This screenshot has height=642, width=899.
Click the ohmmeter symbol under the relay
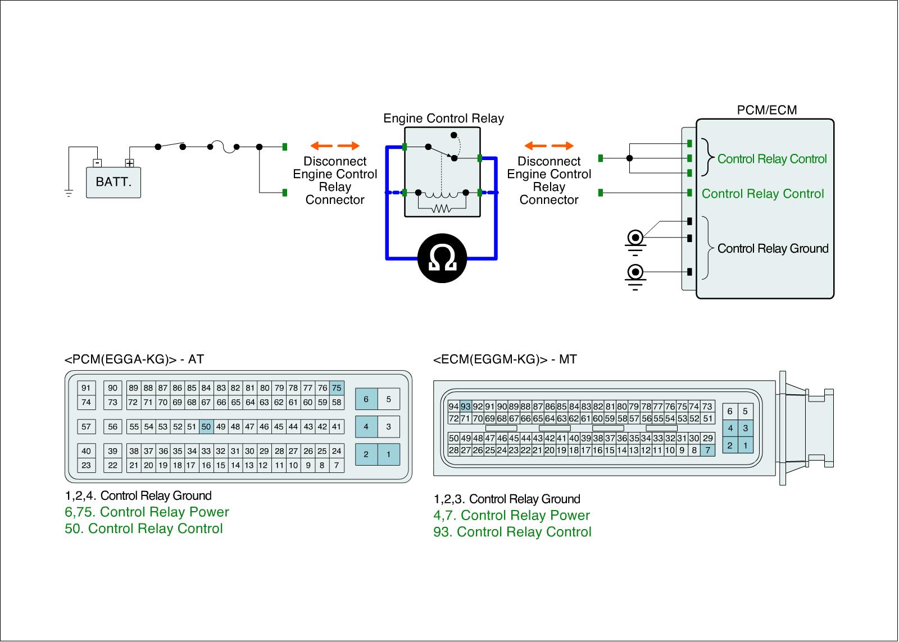point(442,258)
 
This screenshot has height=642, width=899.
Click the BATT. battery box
point(113,182)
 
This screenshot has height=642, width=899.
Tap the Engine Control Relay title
point(443,119)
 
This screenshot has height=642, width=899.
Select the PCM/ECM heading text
point(766,110)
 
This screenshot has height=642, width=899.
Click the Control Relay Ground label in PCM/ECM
point(773,249)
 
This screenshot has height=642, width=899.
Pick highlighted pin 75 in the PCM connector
point(337,388)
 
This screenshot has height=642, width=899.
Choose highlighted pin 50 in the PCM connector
point(206,427)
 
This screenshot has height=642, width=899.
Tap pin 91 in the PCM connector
point(86,388)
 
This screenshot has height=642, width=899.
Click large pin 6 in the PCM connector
point(366,399)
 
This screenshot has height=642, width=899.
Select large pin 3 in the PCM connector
point(388,427)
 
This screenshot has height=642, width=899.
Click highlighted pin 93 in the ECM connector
point(466,407)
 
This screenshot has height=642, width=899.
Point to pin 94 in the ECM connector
point(454,407)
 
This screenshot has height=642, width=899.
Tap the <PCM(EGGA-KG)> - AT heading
point(134,359)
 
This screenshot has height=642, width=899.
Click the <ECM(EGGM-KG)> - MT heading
point(505,359)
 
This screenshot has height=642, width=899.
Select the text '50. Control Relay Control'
point(144,529)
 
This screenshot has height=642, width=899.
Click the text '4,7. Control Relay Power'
point(511,516)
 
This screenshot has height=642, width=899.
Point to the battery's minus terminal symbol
point(98,163)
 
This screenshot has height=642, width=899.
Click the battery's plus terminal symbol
point(130,163)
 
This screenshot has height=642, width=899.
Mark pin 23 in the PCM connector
point(86,465)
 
